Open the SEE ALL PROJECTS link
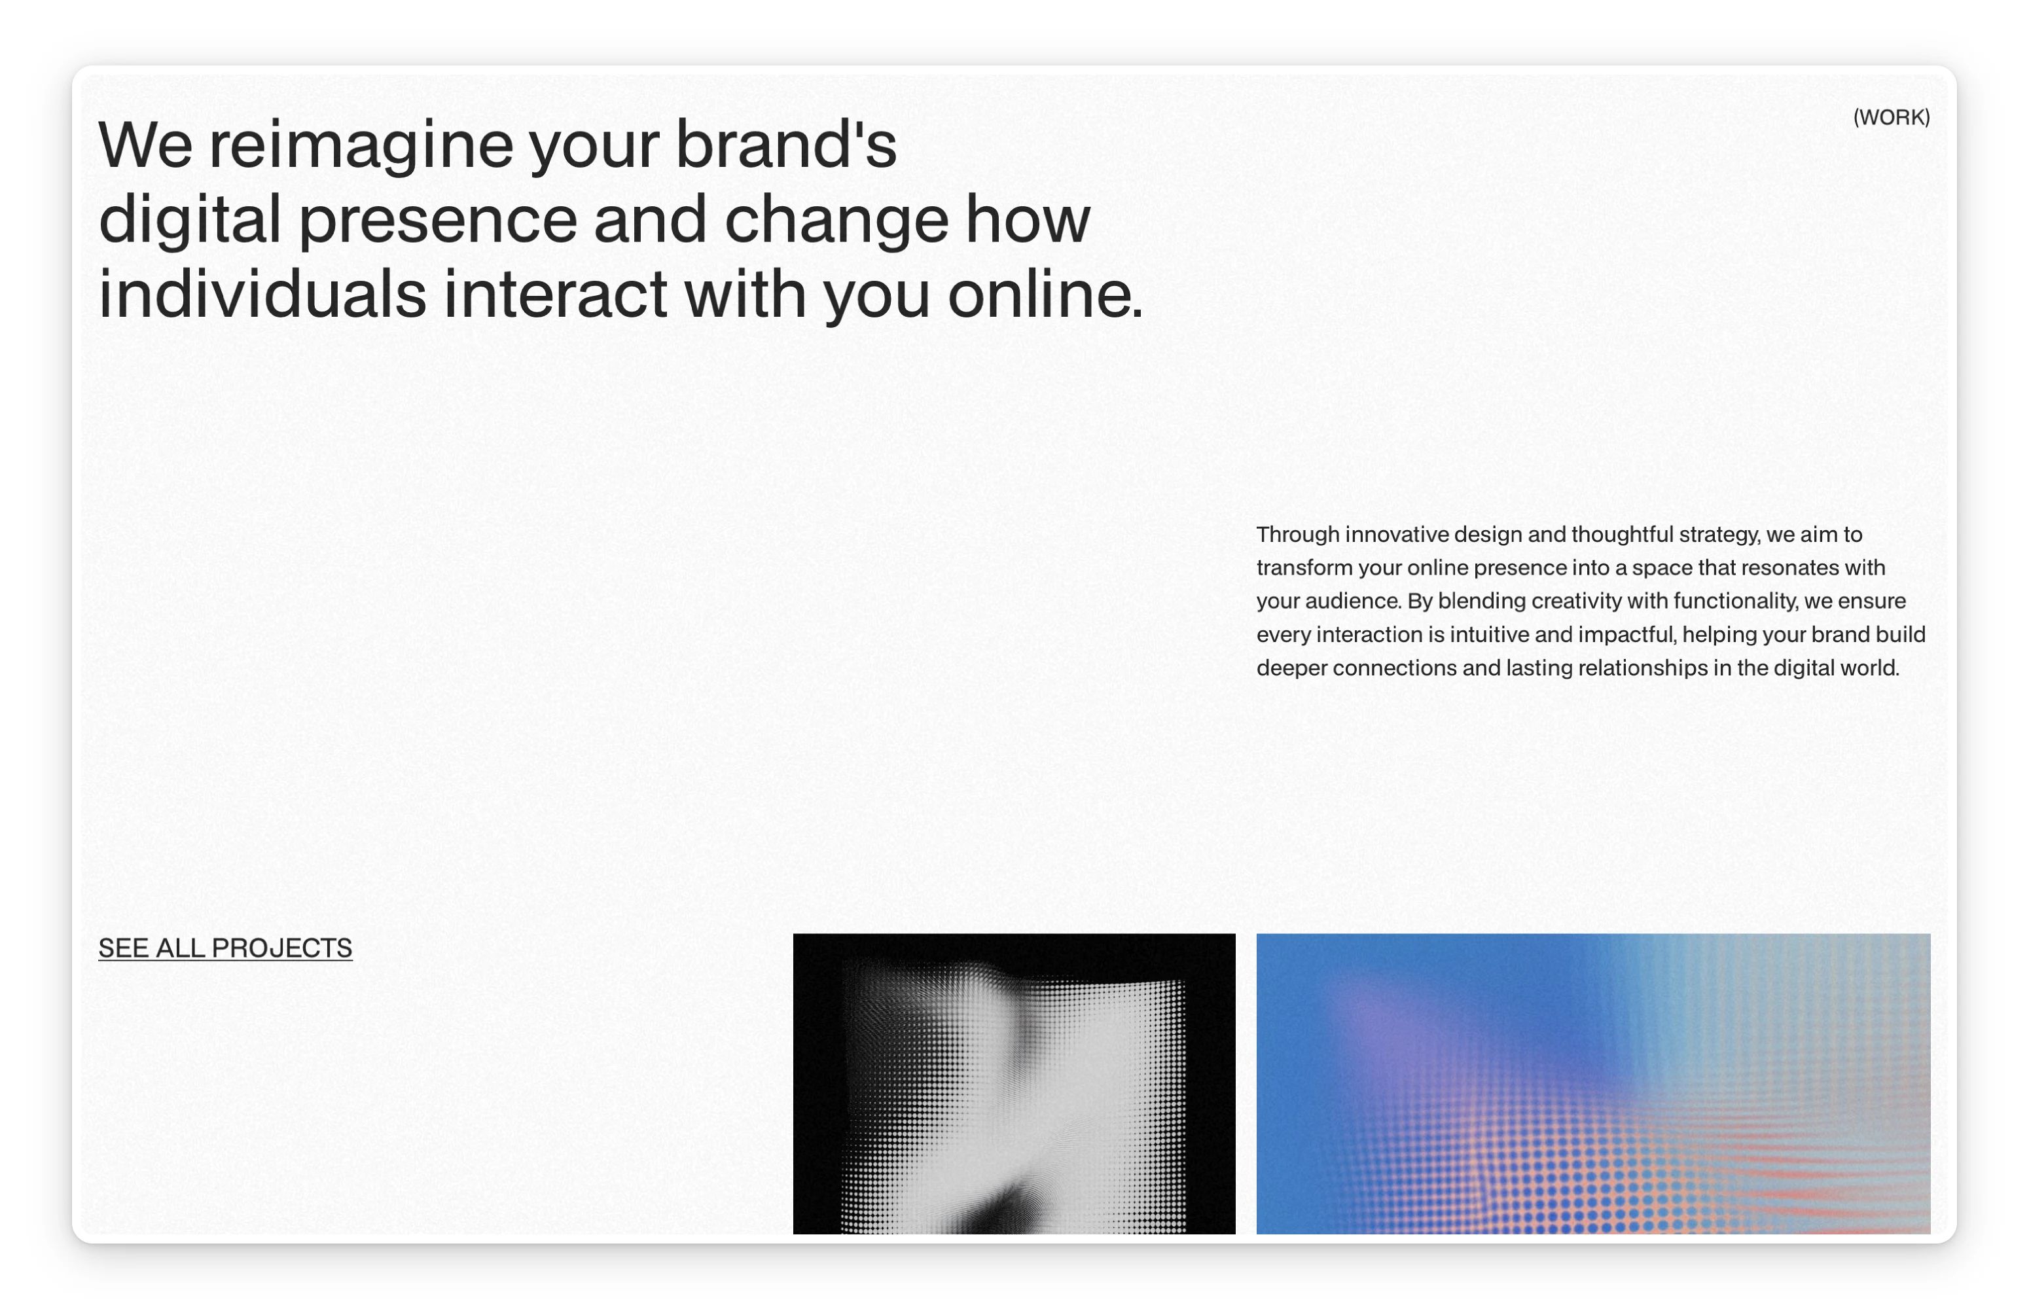tap(225, 948)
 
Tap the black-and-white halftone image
tap(1014, 1084)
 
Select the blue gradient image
tap(1593, 1084)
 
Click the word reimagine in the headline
tap(361, 146)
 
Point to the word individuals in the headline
tap(262, 294)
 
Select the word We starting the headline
tap(145, 145)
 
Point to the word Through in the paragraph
tap(1298, 535)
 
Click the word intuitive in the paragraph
tap(1488, 635)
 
